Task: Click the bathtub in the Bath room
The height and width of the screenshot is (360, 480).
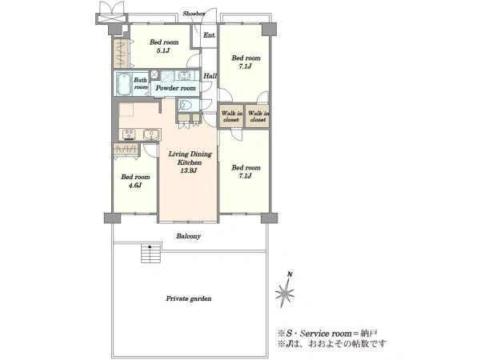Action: (x=124, y=83)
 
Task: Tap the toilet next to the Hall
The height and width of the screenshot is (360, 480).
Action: (x=186, y=105)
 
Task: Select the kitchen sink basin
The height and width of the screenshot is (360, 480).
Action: (x=151, y=134)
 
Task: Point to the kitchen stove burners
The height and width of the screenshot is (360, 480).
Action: (x=129, y=134)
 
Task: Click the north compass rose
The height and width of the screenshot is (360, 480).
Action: (x=286, y=291)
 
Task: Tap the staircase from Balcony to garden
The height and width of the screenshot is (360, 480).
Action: (x=150, y=253)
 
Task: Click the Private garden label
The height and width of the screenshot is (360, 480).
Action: (x=189, y=298)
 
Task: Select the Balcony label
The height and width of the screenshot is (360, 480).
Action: (x=188, y=236)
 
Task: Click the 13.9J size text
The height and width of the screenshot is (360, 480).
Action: (x=188, y=171)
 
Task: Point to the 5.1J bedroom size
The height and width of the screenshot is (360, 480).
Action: (x=163, y=50)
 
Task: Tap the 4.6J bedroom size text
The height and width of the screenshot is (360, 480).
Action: (x=135, y=186)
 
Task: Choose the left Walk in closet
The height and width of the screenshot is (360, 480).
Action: (x=231, y=116)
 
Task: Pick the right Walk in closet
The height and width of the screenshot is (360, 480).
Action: (x=258, y=116)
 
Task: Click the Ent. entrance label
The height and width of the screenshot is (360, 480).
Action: (x=210, y=35)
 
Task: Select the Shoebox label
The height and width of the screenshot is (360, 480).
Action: (x=194, y=14)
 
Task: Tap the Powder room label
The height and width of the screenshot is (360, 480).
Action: (x=176, y=88)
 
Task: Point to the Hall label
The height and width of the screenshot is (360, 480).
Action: (x=210, y=76)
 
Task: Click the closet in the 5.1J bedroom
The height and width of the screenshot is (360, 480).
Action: (x=122, y=54)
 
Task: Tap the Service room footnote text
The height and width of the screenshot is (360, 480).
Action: (x=327, y=334)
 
